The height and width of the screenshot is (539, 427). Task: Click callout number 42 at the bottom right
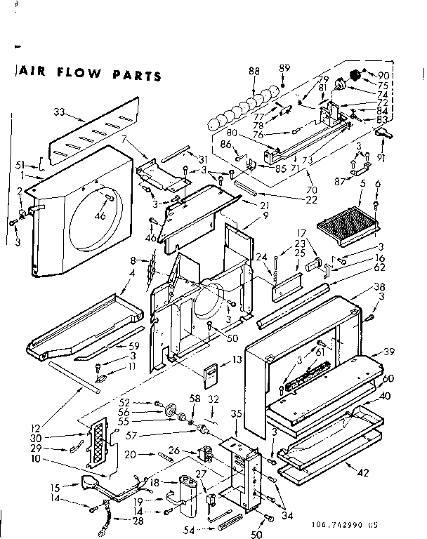click(x=362, y=472)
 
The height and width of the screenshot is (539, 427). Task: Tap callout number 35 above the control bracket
click(x=237, y=414)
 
